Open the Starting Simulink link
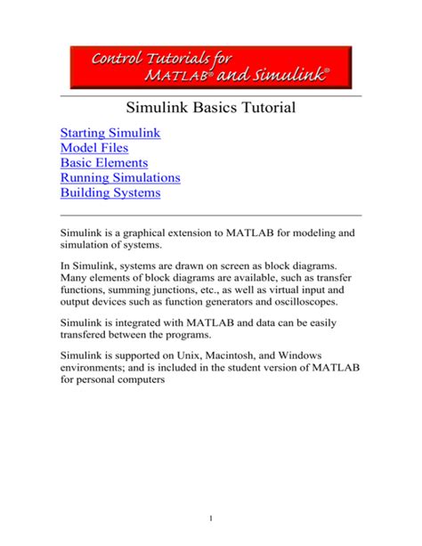(x=110, y=134)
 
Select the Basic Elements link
(x=104, y=163)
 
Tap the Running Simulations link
(x=120, y=177)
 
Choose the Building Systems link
(x=110, y=192)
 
